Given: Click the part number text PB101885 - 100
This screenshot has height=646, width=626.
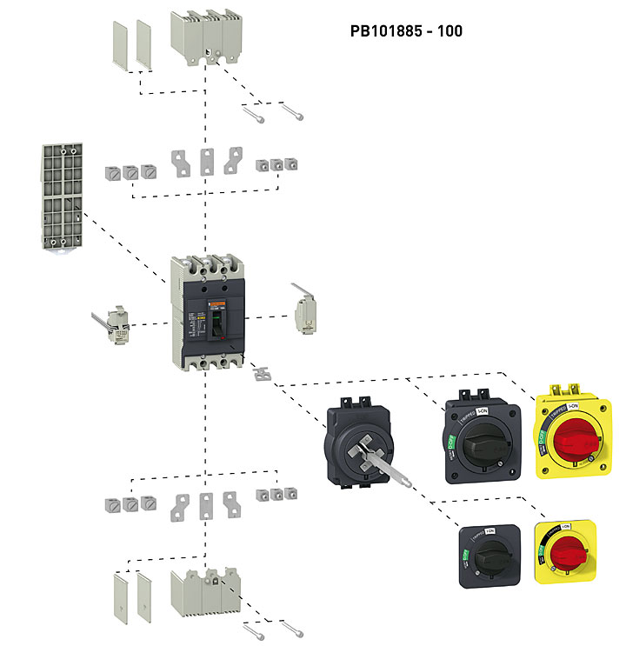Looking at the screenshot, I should click(x=406, y=31).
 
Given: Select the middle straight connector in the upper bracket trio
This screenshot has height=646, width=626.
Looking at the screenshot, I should click(x=207, y=162).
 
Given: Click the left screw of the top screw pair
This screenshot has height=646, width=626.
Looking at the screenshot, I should click(x=253, y=112).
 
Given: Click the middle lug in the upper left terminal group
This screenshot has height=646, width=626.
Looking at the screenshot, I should click(x=130, y=171).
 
